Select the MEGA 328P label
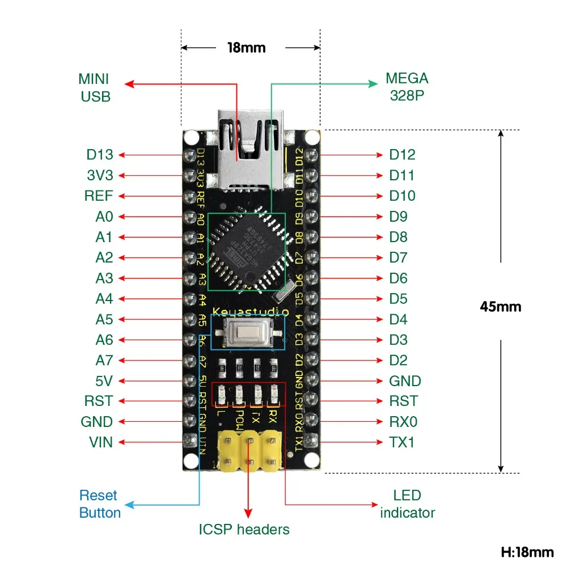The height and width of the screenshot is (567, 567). click(407, 86)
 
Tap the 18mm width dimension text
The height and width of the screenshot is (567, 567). click(246, 48)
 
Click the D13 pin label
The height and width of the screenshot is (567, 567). click(100, 154)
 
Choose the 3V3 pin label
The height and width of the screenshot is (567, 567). click(100, 175)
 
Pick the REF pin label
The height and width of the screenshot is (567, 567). click(99, 196)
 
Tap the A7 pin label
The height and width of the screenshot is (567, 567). click(104, 360)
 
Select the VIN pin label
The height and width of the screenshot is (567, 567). click(101, 442)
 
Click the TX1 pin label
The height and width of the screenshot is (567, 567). click(402, 442)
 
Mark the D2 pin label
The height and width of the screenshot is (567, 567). click(399, 360)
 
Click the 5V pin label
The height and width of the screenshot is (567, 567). click(104, 381)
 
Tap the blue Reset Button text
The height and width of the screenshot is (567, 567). click(100, 504)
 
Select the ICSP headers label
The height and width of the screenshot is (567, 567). click(244, 530)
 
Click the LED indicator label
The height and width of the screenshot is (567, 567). click(407, 504)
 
